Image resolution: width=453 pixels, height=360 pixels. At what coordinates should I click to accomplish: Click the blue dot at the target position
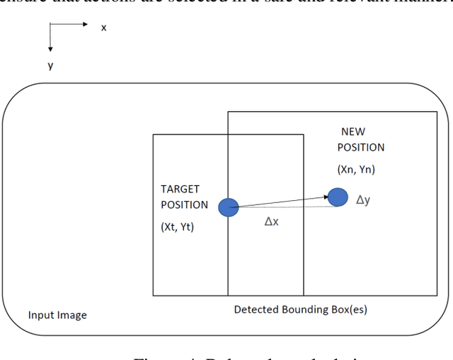point(228,207)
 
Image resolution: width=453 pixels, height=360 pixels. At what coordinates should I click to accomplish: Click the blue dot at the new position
point(338,197)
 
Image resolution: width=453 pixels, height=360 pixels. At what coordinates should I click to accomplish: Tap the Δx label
point(272,221)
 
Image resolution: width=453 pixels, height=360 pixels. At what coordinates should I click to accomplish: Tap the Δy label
point(362,200)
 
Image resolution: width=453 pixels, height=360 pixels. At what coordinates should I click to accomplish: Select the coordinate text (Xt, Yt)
point(177,227)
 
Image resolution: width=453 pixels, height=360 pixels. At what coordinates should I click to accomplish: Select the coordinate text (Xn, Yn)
point(356,170)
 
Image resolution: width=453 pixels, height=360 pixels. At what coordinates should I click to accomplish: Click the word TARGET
point(180,190)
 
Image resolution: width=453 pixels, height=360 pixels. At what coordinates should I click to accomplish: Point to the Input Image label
point(57,315)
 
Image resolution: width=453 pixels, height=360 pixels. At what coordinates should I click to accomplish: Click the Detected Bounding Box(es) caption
point(301,310)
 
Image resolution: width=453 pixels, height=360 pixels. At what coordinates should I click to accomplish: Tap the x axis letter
point(103,28)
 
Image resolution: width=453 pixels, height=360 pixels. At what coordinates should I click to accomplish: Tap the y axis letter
point(50,65)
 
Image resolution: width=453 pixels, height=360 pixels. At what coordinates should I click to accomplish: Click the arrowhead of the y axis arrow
point(50,49)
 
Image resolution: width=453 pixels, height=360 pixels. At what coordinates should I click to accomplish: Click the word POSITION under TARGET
point(185,205)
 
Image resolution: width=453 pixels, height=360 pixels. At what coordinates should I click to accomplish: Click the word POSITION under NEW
point(361,148)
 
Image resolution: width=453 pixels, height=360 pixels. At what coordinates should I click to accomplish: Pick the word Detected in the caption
point(255,310)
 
